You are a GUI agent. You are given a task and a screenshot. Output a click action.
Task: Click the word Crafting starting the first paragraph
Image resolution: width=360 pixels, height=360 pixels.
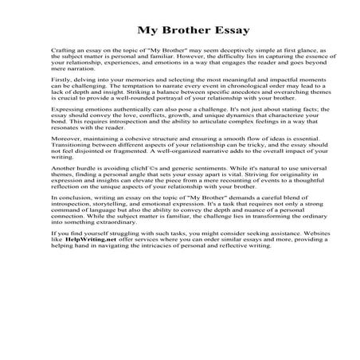tap(61, 49)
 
